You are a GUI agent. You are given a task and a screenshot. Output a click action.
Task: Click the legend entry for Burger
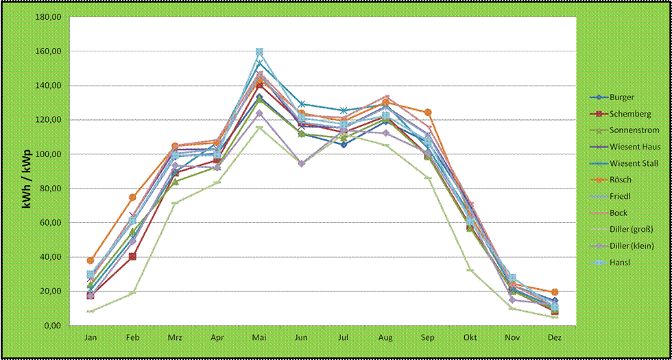coord(621,97)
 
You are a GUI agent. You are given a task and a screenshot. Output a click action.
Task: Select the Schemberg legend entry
coord(629,114)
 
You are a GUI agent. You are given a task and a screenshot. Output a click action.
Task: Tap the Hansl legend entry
coord(620,263)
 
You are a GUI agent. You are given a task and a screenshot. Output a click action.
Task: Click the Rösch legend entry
coord(620,180)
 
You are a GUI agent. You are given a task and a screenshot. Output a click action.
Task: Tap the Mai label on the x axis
coord(259,339)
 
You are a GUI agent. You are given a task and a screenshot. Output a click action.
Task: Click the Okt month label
coord(470,339)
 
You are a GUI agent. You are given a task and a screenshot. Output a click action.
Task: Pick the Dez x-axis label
coord(555,339)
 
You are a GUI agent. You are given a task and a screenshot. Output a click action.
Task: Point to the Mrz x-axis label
coord(175,339)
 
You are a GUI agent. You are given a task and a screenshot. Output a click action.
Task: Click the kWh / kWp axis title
coord(27,171)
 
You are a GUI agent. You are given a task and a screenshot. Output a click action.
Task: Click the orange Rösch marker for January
coord(91,261)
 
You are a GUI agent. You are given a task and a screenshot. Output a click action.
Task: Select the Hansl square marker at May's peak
coord(260,52)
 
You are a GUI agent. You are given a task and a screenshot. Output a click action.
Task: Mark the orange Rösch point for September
coord(428,112)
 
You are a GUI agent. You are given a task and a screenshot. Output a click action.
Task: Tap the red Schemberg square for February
coord(132,256)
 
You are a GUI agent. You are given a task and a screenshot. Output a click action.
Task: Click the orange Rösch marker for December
coord(555,292)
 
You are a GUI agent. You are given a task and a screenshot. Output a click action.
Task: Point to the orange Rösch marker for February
coord(132,197)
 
